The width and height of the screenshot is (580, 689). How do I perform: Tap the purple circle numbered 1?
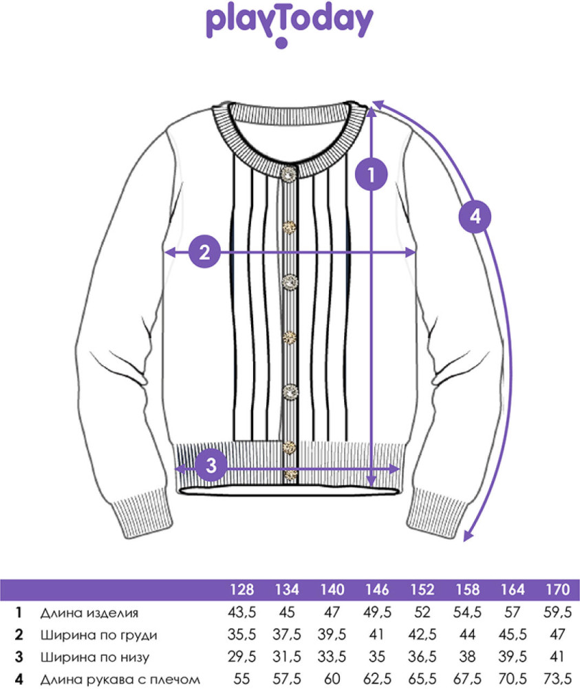coord(372,174)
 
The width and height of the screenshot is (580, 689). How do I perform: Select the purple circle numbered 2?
coord(204,252)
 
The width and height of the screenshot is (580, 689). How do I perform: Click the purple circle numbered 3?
coord(211,465)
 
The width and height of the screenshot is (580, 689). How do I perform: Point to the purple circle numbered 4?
coord(475,216)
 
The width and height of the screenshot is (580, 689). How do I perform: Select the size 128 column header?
coord(242,589)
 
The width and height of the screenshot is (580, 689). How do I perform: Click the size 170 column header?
coord(557,589)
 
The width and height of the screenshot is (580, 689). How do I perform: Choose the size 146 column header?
coord(377,589)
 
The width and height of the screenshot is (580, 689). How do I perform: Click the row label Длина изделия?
coord(89,613)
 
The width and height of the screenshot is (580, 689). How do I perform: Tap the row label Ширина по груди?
coord(99,635)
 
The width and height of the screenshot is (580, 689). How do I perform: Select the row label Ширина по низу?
coord(95,657)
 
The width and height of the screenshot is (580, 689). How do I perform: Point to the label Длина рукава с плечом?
coord(120,679)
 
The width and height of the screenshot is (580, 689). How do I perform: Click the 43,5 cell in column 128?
coord(242,612)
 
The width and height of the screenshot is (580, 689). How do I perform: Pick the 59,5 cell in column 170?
coord(557,612)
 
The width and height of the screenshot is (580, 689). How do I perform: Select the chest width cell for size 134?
coord(287,635)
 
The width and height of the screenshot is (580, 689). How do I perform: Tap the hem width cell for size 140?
coord(332,657)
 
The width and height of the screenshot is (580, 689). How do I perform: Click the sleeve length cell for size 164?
coord(513,679)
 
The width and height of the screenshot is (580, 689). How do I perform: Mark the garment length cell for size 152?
coord(422,612)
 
